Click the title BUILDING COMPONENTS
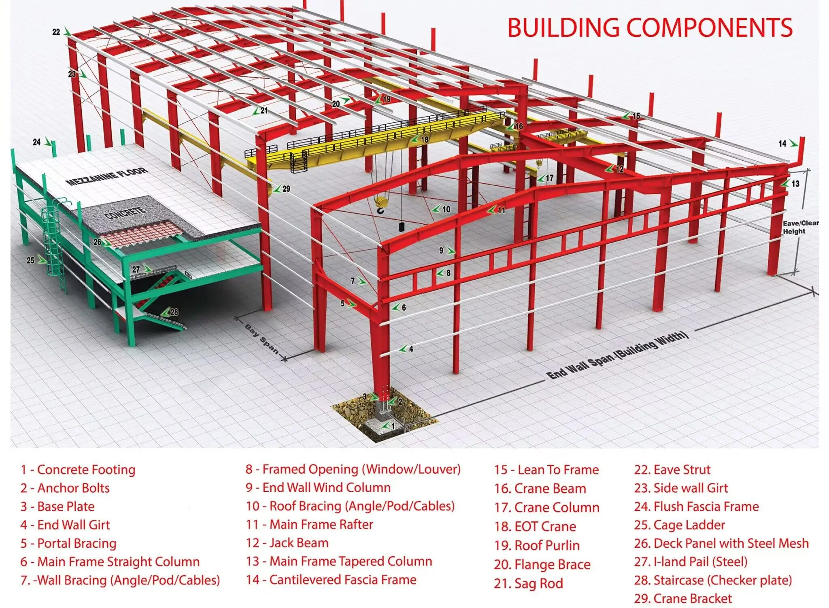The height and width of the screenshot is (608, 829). click(650, 28)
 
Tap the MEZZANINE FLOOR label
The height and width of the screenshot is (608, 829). click(107, 176)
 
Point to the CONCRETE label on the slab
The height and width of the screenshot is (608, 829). click(125, 213)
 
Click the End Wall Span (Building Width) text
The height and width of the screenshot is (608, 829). click(617, 355)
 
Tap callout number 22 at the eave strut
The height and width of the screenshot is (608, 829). click(56, 32)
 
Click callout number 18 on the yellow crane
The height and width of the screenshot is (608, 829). click(425, 139)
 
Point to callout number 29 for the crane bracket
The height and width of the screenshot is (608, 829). click(286, 189)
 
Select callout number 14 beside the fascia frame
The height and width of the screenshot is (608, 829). click(782, 143)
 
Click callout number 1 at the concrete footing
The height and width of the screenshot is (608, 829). click(393, 426)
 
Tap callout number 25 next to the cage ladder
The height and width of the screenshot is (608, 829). click(31, 260)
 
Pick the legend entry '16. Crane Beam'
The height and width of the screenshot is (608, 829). click(540, 489)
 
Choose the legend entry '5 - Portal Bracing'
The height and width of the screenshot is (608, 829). click(68, 543)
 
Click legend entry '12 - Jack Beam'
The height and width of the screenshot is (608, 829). click(287, 543)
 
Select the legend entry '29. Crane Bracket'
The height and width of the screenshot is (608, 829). click(683, 598)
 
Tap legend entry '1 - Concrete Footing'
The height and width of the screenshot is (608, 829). click(78, 470)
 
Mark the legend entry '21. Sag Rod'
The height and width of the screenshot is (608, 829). click(528, 583)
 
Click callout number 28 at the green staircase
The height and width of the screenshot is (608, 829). click(174, 312)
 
